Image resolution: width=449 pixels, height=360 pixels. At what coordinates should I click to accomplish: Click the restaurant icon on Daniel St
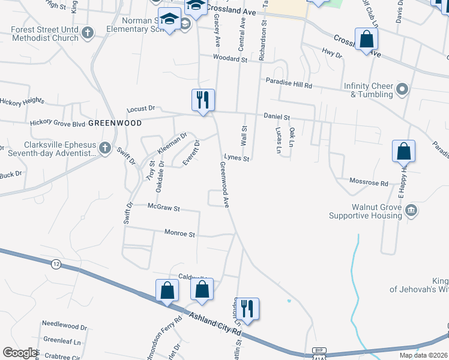click(203, 100)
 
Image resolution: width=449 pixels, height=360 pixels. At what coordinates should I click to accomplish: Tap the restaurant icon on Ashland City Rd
click(247, 309)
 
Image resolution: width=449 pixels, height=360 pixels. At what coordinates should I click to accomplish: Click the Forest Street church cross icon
click(88, 33)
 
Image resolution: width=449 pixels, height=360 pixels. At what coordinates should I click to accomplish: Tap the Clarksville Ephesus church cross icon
click(105, 148)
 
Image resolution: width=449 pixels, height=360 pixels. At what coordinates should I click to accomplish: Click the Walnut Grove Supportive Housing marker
click(411, 210)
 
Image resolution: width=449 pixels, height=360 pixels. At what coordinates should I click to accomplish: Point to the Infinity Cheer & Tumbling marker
click(402, 90)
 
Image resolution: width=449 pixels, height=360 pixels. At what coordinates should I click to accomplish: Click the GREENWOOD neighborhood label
click(115, 123)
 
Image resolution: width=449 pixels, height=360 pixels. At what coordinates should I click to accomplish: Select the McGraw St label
click(163, 208)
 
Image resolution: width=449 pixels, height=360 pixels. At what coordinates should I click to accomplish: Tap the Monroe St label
click(179, 233)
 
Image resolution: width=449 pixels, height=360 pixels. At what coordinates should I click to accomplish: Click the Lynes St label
click(237, 157)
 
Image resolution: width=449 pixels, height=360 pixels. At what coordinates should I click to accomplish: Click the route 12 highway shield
click(56, 264)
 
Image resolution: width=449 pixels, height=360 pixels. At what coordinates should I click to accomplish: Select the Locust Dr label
click(141, 109)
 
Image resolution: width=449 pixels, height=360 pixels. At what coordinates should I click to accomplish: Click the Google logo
click(19, 353)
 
